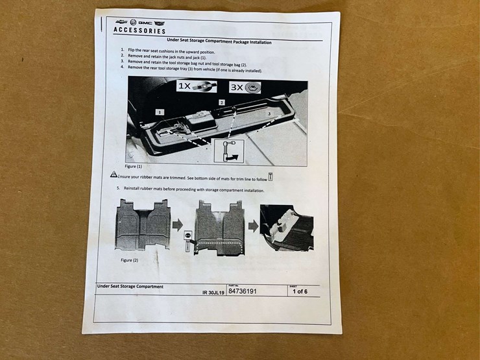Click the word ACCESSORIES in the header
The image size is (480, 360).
(x=139, y=30)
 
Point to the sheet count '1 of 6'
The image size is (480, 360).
(x=299, y=291)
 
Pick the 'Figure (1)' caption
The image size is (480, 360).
(x=135, y=166)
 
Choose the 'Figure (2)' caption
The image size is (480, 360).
(x=130, y=259)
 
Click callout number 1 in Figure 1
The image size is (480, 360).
(x=158, y=112)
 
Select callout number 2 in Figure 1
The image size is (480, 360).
(x=221, y=102)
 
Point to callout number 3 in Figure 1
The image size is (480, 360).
(x=269, y=113)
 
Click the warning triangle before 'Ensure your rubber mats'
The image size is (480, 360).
(x=114, y=174)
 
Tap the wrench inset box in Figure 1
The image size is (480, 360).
(x=228, y=150)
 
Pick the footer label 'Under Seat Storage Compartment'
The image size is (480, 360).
(x=130, y=286)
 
